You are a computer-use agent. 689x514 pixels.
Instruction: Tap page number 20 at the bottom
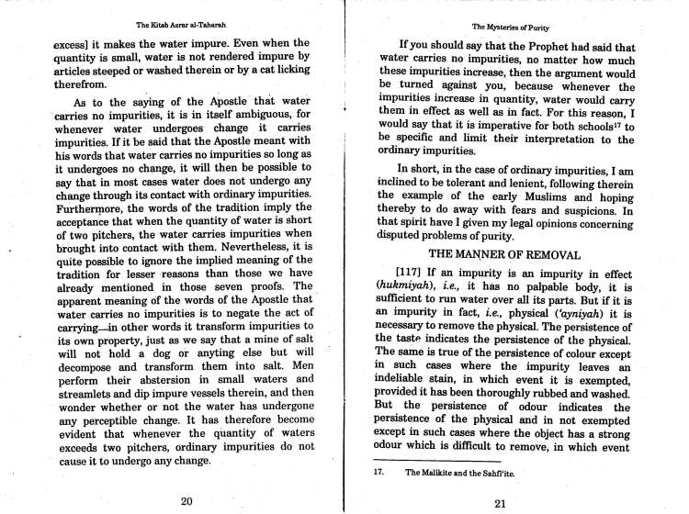click(x=186, y=500)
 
